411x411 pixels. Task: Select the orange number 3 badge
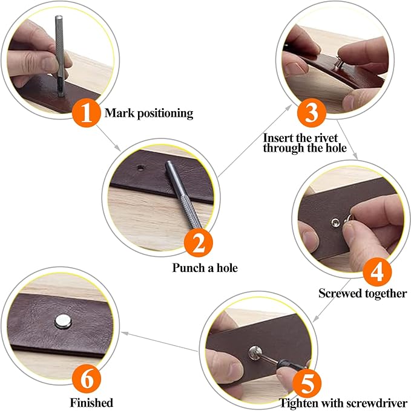[x=312, y=112]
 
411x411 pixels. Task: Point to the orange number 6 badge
[x=87, y=380]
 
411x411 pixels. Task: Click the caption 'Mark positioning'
[x=149, y=113]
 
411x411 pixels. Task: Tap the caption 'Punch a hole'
[x=205, y=268]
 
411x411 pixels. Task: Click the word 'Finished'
[x=92, y=402]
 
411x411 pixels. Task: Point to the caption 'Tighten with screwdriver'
[x=343, y=402]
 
